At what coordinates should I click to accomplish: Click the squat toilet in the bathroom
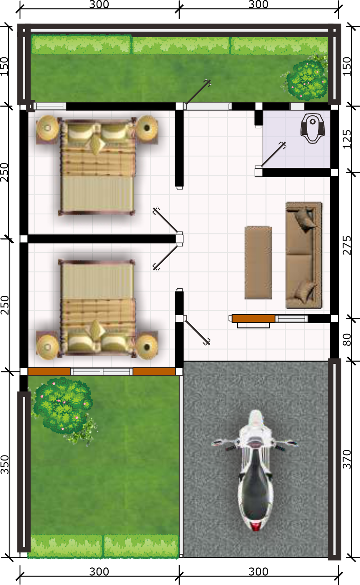coord(313,128)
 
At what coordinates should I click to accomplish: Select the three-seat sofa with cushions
coord(304,255)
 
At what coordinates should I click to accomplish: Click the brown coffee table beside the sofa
coord(258,262)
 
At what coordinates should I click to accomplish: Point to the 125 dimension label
coord(347,139)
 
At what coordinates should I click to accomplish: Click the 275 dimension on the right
coord(347,245)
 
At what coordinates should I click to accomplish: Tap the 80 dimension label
coord(347,339)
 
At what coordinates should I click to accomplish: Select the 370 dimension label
coord(347,459)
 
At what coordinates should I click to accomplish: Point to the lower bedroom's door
coord(166,257)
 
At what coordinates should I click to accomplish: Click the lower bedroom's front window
coord(102,371)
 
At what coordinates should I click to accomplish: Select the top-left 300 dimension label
coord(99,5)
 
